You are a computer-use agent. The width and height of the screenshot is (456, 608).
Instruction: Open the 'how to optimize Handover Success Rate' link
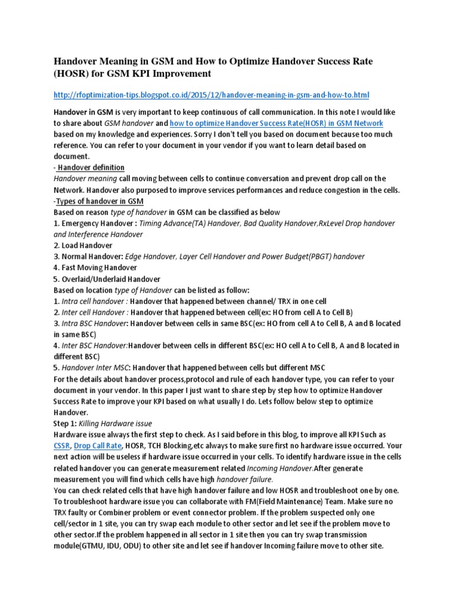pos(276,123)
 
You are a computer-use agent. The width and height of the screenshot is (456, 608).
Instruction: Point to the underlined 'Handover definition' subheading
pos(91,167)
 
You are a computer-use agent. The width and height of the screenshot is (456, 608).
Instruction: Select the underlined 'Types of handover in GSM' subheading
pos(96,201)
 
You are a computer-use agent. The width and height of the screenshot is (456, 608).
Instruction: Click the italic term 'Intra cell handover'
pos(94,301)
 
